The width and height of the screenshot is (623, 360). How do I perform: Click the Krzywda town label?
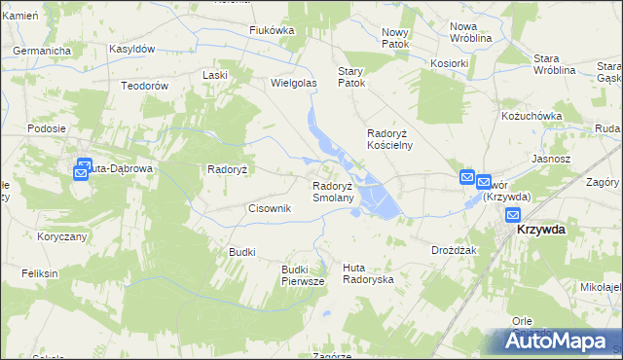tap(542, 230)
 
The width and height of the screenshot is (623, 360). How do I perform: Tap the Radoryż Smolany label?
tap(339, 192)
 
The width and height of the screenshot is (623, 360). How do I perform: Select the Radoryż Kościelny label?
tap(389, 139)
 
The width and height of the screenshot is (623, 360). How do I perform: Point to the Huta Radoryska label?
tap(368, 273)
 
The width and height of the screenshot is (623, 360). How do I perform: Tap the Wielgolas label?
tap(294, 84)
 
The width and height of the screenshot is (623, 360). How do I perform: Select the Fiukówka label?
tap(272, 30)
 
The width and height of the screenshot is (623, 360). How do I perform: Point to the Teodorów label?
tap(145, 86)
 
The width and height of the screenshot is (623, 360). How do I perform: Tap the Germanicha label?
tap(43, 49)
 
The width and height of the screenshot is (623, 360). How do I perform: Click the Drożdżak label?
tap(453, 250)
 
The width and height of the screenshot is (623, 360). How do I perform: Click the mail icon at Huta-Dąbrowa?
tap(83, 171)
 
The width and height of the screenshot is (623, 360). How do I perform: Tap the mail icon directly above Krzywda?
tap(512, 216)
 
